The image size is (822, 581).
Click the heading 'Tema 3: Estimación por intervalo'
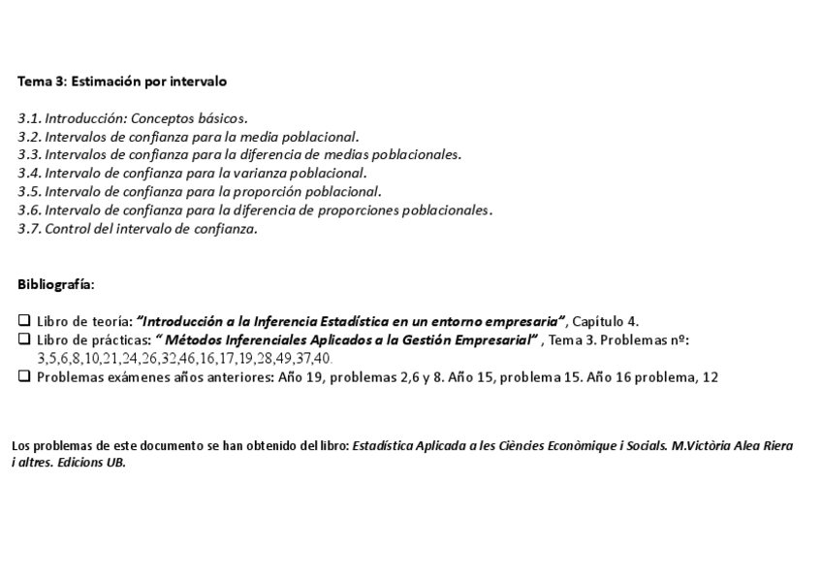point(122,81)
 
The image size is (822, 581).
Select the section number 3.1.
point(29,118)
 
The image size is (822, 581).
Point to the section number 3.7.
point(29,229)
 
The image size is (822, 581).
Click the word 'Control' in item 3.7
point(67,229)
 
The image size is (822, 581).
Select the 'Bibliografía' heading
point(56,284)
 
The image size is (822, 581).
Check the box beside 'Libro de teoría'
point(24,321)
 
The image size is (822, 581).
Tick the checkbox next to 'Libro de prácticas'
point(24,339)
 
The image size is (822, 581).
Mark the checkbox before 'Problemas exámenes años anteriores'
point(24,377)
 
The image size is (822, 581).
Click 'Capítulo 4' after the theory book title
point(605,321)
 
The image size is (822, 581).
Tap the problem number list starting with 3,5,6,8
point(184,359)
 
